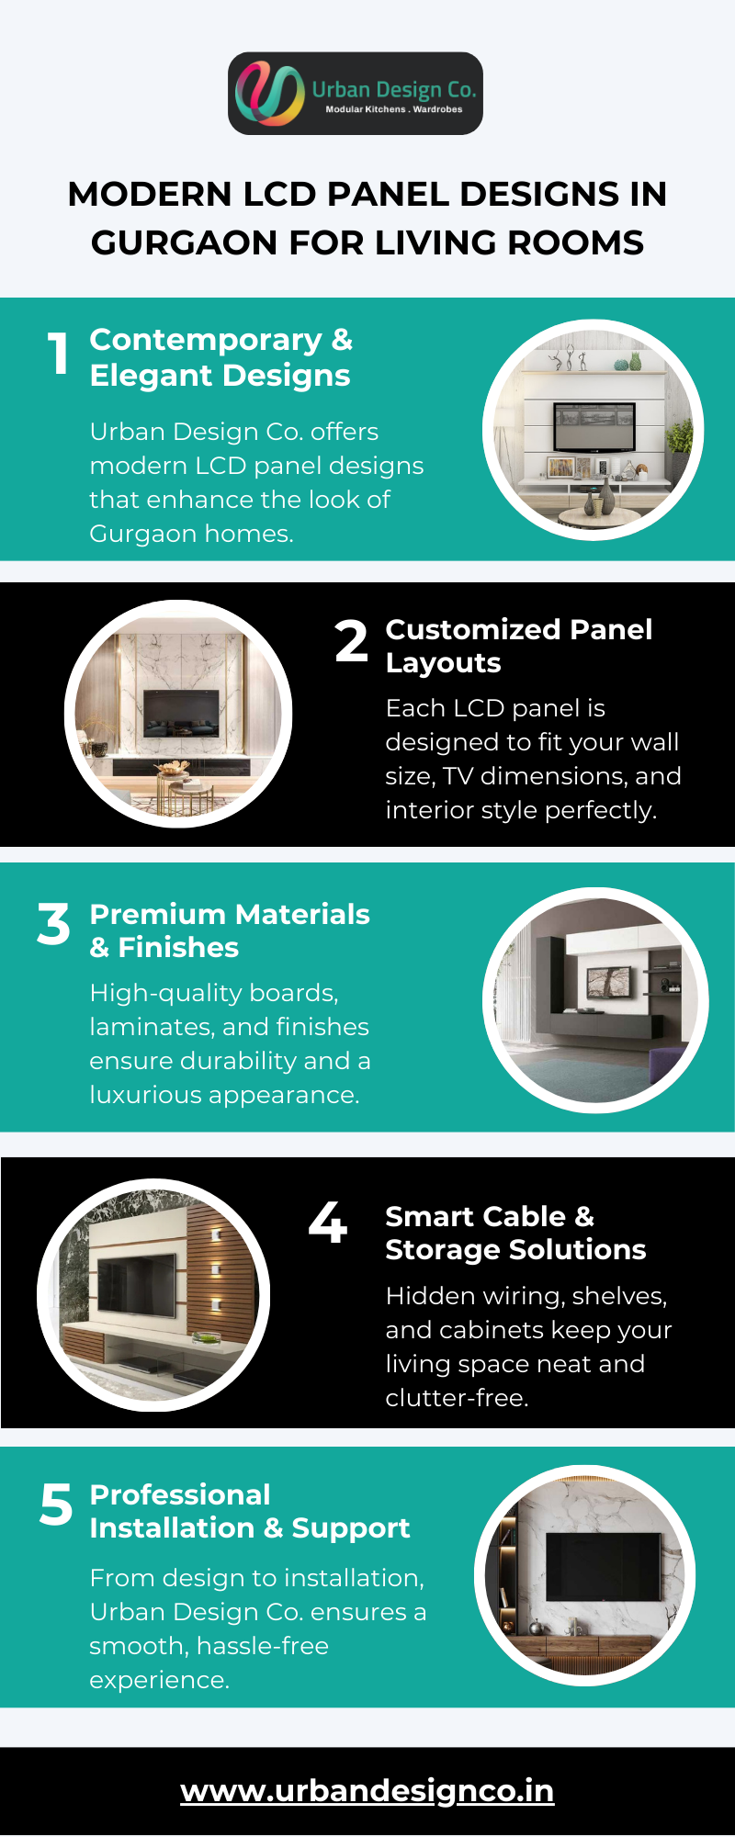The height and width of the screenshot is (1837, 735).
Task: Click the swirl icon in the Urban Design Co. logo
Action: [x=269, y=94]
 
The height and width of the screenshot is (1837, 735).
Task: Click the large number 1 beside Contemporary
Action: [x=59, y=354]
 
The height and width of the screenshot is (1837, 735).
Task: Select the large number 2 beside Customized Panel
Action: [x=351, y=640]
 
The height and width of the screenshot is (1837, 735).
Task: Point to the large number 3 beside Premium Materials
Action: [x=53, y=923]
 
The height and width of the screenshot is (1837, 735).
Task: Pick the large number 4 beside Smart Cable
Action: [x=328, y=1222]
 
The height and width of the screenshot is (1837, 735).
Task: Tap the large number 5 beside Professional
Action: [x=56, y=1505]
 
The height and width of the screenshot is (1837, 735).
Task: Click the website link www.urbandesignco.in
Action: [x=367, y=1790]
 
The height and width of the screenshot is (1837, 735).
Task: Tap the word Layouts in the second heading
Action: [x=443, y=663]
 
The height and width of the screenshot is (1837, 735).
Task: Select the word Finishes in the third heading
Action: [x=178, y=947]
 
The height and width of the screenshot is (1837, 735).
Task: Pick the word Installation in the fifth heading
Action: [x=172, y=1527]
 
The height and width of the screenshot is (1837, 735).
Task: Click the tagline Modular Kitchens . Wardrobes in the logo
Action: [x=394, y=109]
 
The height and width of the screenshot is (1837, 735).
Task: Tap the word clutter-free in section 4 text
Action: [x=457, y=1398]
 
